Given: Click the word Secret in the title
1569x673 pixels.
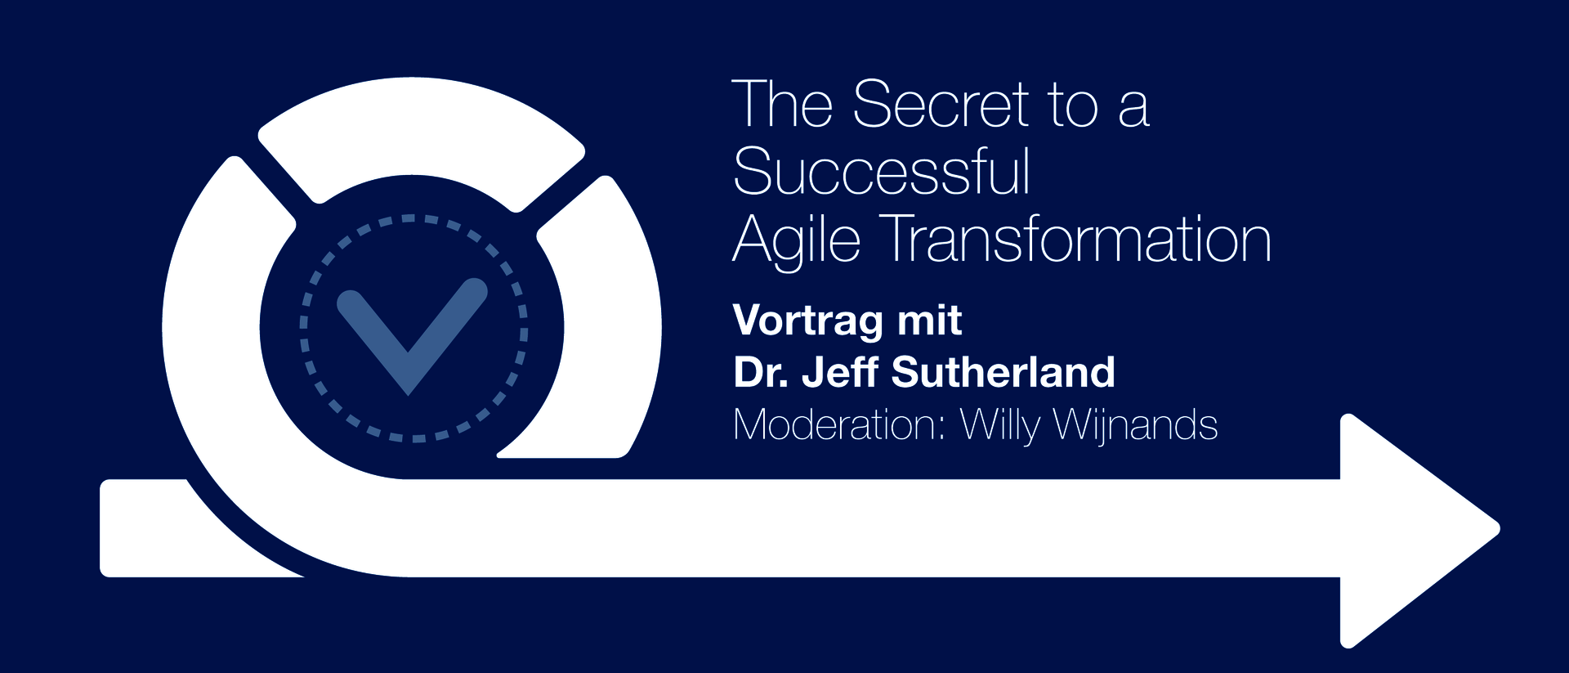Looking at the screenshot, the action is [x=941, y=104].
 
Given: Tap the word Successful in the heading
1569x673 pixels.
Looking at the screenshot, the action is [x=882, y=172].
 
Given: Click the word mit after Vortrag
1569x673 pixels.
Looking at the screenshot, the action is [x=930, y=319].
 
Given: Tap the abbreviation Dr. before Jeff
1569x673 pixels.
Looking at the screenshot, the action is [x=760, y=372].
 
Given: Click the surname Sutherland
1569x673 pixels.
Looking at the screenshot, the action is [x=1004, y=372].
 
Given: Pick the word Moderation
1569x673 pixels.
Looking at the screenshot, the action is [x=839, y=425].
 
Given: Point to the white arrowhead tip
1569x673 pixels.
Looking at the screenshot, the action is [x=1500, y=529].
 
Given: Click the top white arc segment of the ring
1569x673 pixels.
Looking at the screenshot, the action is [x=422, y=135].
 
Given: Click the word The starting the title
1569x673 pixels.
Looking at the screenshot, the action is [x=782, y=104].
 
